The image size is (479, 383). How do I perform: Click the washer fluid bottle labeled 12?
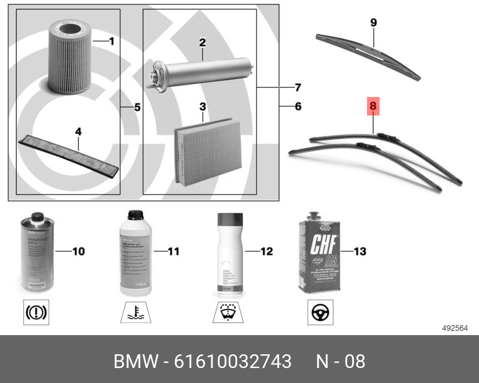(x=229, y=255)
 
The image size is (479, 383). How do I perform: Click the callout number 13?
(x=359, y=251)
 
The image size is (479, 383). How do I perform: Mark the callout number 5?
(x=137, y=108)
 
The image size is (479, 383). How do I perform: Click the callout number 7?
(x=298, y=87)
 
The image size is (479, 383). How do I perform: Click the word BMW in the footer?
(x=135, y=362)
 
